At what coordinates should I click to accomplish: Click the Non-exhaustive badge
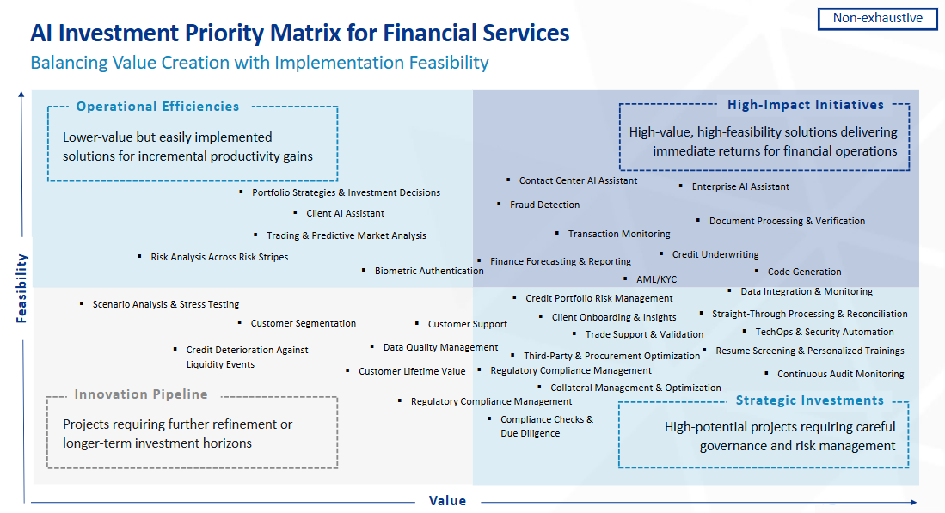coord(877,18)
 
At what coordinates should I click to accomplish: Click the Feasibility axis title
coord(22,288)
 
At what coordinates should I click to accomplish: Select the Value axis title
coord(447,501)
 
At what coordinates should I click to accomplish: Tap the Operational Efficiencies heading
coord(157,107)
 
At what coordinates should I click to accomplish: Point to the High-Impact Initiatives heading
coord(805,105)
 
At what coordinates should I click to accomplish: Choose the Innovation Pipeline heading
coord(141,394)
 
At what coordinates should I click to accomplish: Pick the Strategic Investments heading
coord(809,400)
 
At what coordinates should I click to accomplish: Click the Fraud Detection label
coord(544,205)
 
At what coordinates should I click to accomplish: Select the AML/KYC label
coord(656,279)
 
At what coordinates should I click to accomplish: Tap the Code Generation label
coord(804,272)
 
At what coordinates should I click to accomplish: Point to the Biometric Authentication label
coord(429,271)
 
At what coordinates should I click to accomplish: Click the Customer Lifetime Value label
coord(412,371)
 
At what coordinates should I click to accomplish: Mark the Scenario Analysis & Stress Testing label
coord(166,304)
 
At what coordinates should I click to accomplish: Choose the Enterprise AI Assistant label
coord(740,186)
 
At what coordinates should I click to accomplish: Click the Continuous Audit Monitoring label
coord(840,374)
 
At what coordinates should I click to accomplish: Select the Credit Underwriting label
coord(715,254)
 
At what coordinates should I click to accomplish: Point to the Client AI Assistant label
coord(345,213)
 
